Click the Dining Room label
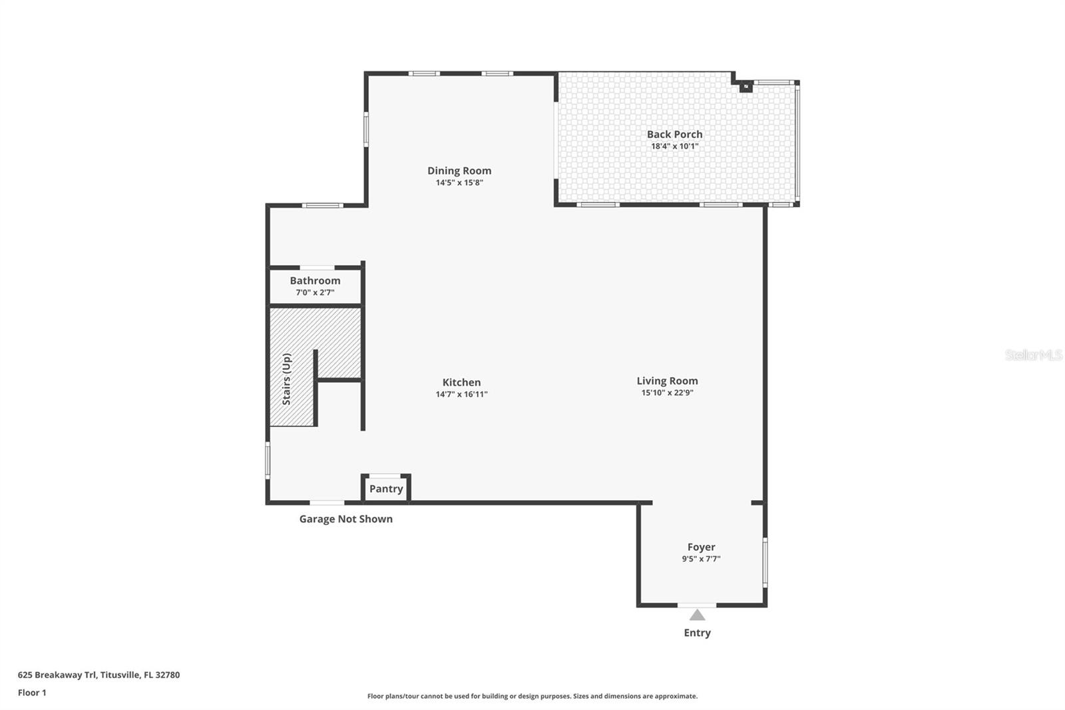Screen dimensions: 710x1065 [459, 171]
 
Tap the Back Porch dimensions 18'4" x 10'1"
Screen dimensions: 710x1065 [674, 146]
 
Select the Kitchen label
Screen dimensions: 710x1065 [461, 382]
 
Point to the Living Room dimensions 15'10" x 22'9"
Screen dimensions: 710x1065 [667, 393]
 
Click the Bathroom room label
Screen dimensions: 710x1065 [315, 280]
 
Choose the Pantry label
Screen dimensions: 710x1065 [386, 489]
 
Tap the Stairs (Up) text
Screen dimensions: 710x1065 [287, 379]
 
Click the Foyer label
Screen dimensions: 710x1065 [701, 547]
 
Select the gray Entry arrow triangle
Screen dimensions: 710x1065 [697, 615]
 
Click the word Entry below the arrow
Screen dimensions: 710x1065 [697, 633]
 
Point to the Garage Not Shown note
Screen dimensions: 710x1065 [345, 519]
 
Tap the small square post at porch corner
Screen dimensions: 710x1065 [746, 86]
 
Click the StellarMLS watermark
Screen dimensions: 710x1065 [1033, 355]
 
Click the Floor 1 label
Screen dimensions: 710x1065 [32, 693]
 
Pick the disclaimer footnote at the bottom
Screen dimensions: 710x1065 [532, 696]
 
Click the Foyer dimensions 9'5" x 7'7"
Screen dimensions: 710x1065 [701, 559]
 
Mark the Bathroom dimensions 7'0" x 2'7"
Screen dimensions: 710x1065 [315, 292]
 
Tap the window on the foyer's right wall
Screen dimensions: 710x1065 [765, 562]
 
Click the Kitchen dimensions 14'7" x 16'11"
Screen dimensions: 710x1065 [461, 394]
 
